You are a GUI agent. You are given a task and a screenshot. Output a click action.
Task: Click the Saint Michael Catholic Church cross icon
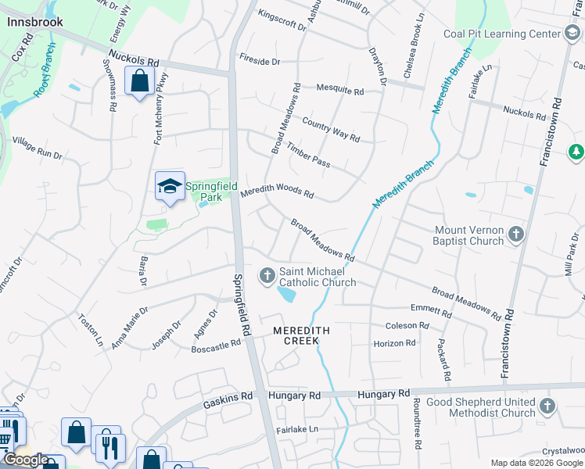[x=267, y=275]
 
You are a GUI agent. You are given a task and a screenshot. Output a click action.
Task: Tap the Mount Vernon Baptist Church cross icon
[x=515, y=234]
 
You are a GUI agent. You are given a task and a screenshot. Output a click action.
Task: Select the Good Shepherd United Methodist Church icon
[x=547, y=406]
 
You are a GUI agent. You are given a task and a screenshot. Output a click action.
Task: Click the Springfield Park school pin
[x=170, y=188]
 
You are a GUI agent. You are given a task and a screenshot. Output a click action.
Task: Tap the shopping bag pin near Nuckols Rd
[x=139, y=81]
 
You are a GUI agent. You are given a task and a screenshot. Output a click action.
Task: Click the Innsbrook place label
[x=34, y=22]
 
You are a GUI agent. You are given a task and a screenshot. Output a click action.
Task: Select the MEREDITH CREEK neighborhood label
[x=301, y=336]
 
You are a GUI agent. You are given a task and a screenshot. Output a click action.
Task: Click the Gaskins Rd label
[x=227, y=396]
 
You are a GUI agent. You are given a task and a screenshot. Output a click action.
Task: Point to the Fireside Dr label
[x=260, y=60]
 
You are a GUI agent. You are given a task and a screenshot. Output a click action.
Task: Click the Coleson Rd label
[x=407, y=325]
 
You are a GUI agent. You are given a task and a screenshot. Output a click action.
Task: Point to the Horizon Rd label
[x=394, y=343]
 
